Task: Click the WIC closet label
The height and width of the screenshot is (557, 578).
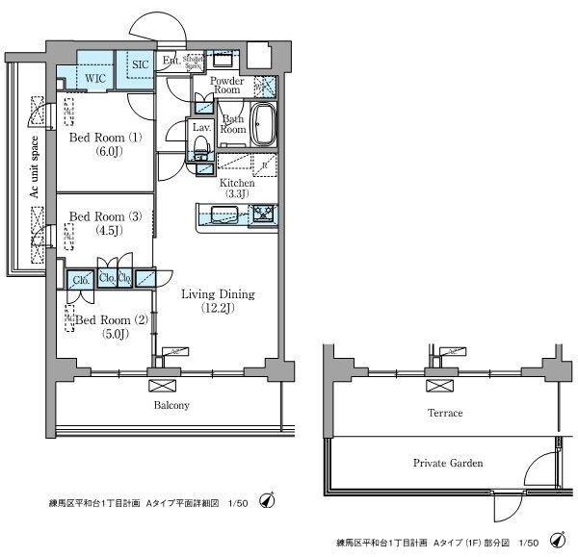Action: pyautogui.click(x=94, y=76)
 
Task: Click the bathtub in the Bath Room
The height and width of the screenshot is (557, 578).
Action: pyautogui.click(x=263, y=123)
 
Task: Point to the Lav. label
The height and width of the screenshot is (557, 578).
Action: pyautogui.click(x=201, y=127)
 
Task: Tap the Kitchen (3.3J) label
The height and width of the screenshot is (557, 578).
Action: pyautogui.click(x=237, y=188)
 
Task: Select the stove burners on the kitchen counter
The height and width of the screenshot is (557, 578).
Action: pyautogui.click(x=264, y=214)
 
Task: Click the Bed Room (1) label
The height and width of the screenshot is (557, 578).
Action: pyautogui.click(x=105, y=138)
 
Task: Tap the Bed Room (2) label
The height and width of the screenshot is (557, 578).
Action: pyautogui.click(x=112, y=319)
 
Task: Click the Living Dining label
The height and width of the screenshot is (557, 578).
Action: pyautogui.click(x=218, y=294)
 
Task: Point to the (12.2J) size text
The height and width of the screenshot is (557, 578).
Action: pyautogui.click(x=218, y=309)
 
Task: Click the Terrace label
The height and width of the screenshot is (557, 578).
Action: pyautogui.click(x=445, y=413)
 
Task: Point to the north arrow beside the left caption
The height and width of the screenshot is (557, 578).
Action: pyautogui.click(x=269, y=500)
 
